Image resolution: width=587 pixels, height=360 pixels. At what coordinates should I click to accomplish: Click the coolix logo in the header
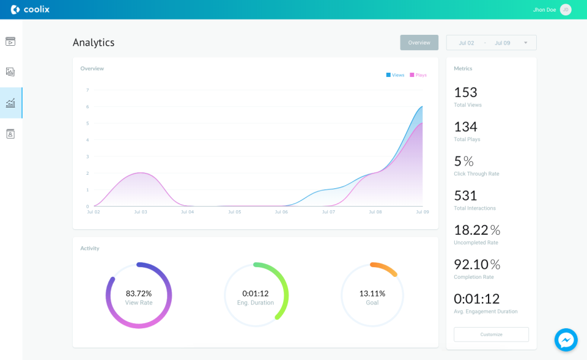point(30,10)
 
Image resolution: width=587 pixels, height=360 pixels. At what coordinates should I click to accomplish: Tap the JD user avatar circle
point(566,10)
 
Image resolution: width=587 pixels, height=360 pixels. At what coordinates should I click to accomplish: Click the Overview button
point(419,43)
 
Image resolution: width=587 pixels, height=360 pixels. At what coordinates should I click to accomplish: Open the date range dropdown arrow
point(525,43)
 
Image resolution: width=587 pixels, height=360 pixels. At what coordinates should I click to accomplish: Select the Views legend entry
point(395,75)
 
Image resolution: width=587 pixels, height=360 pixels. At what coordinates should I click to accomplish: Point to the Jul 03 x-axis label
point(141,212)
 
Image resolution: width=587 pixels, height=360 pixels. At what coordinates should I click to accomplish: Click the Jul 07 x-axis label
point(328,212)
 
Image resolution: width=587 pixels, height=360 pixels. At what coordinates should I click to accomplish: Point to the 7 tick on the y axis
point(87,90)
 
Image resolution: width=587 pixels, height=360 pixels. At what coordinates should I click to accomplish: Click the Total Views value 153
point(465,92)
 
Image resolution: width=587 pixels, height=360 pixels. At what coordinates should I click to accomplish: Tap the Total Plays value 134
point(465,127)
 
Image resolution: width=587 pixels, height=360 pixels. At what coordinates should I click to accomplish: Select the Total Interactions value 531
point(465,196)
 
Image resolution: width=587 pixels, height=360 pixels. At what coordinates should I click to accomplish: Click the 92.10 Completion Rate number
point(471,264)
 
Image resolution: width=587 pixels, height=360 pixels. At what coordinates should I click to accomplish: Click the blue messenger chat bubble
point(566,340)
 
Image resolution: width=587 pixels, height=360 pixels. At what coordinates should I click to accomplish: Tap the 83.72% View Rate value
point(139,293)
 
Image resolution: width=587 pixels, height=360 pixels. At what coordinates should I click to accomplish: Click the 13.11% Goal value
point(372,293)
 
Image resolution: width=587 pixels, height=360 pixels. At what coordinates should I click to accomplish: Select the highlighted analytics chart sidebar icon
point(10,103)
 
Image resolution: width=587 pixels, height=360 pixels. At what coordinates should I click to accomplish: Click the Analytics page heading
point(94,43)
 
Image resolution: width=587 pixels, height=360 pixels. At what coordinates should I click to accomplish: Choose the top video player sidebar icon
point(10,42)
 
